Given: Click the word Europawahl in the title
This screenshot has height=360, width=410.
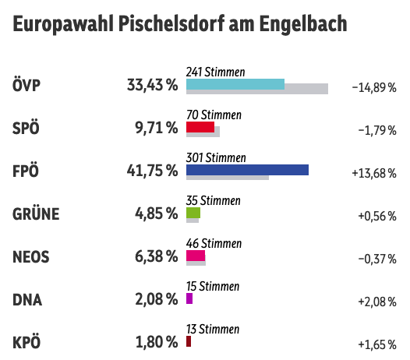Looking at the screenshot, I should pyautogui.click(x=63, y=25).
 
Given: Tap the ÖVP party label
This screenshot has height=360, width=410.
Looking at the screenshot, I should pyautogui.click(x=28, y=85).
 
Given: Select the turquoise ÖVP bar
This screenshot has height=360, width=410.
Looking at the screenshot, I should pyautogui.click(x=235, y=84).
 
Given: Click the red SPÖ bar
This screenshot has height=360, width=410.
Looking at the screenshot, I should pyautogui.click(x=200, y=126).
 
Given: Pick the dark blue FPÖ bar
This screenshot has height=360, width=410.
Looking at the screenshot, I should pyautogui.click(x=248, y=170).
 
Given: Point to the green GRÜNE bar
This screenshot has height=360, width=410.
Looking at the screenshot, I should pyautogui.click(x=193, y=212).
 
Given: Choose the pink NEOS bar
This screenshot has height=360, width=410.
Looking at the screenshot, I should pyautogui.click(x=196, y=255).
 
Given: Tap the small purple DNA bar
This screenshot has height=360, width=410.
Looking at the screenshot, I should pyautogui.click(x=189, y=298).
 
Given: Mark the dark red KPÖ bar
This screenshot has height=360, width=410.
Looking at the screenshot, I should pyautogui.click(x=189, y=341).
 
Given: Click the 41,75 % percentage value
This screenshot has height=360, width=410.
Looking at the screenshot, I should pyautogui.click(x=152, y=171).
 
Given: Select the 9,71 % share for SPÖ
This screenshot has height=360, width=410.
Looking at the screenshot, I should pyautogui.click(x=156, y=128).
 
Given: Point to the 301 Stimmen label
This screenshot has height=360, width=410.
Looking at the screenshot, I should pyautogui.click(x=216, y=157).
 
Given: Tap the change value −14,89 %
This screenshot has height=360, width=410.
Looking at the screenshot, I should pyautogui.click(x=374, y=87).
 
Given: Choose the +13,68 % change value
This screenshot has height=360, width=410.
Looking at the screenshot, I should pyautogui.click(x=374, y=173).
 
